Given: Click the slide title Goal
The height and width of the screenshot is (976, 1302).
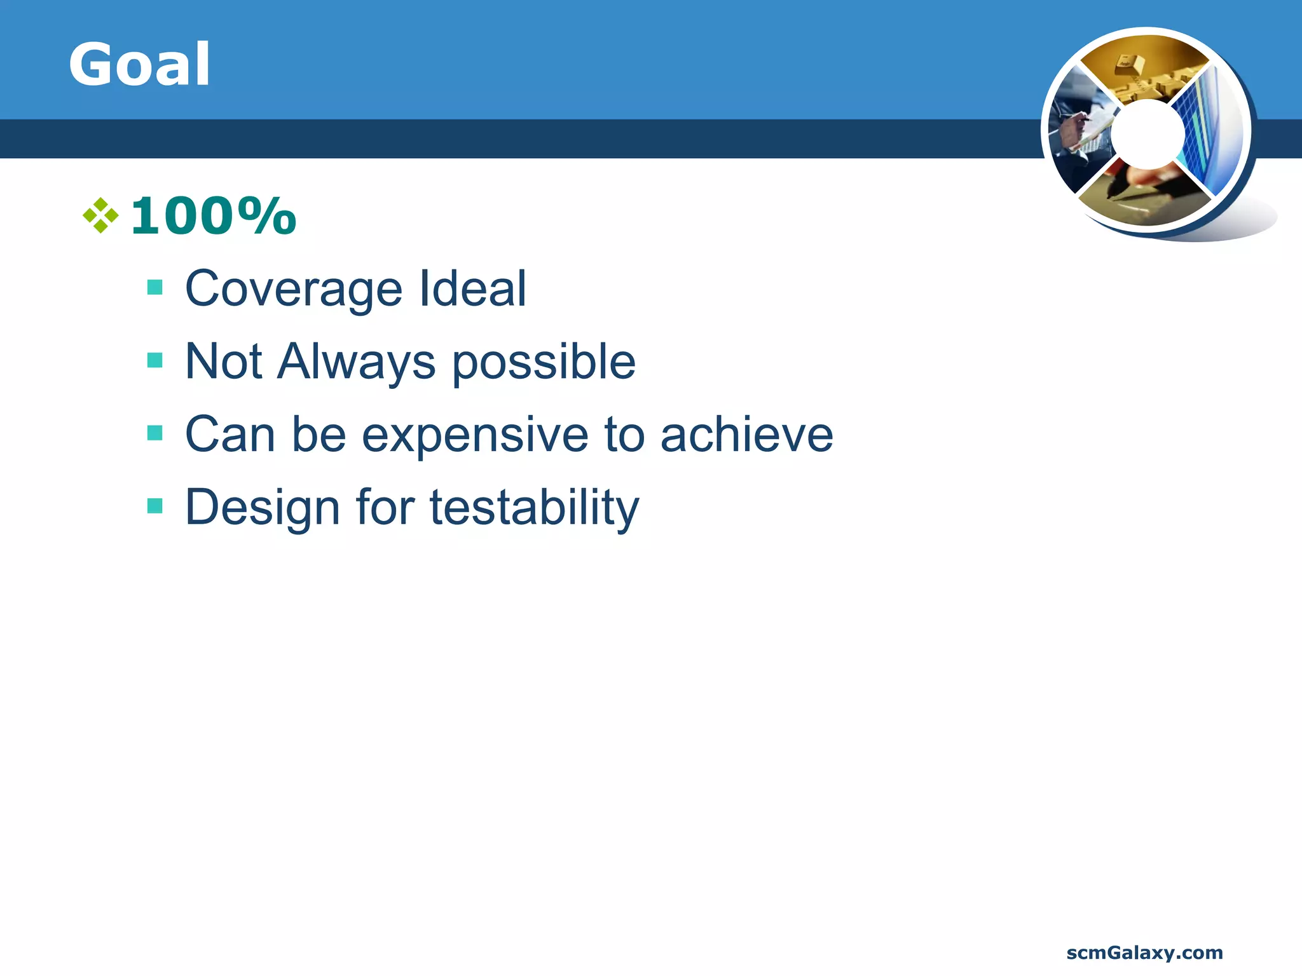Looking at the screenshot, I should (139, 64).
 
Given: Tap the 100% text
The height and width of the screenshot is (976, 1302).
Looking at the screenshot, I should (213, 216).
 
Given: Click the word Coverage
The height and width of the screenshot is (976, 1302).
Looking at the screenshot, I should (293, 289).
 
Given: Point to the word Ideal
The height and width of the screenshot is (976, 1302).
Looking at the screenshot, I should (472, 289).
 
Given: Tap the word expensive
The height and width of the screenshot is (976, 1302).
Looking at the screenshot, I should (475, 436).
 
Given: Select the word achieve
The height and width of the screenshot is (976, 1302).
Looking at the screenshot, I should (746, 435).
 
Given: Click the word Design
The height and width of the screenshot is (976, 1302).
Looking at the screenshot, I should (263, 508).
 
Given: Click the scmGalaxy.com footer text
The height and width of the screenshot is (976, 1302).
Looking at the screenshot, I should (1144, 952).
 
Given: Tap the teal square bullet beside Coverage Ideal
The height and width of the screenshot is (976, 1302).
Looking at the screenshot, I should (154, 288).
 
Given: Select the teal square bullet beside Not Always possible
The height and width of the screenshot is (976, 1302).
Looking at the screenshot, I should (154, 360).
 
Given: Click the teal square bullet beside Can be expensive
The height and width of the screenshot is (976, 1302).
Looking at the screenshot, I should (154, 433).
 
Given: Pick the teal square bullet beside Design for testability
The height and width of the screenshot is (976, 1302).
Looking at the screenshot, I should (154, 506).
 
